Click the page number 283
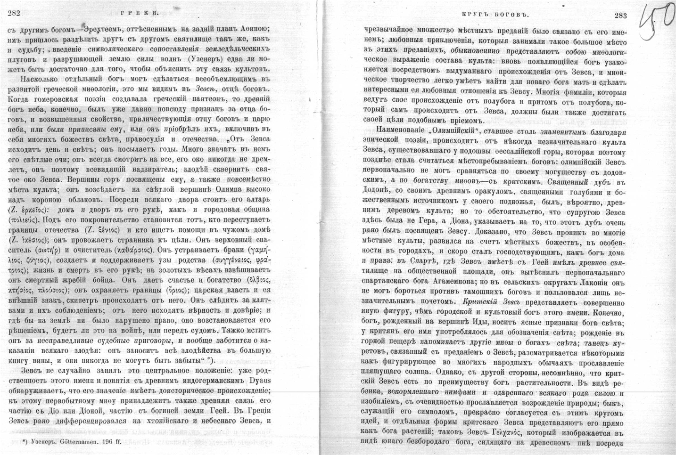(620, 15)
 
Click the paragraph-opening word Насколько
(35, 79)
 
